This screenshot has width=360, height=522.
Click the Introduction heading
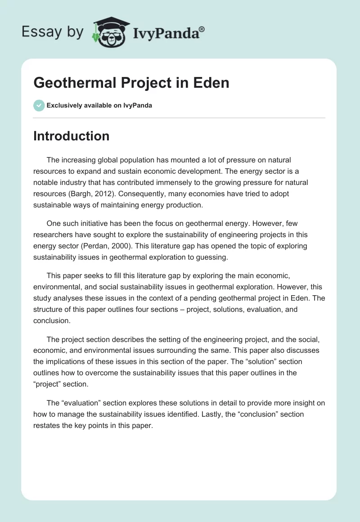[x=71, y=136]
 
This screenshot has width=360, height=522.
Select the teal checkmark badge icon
[x=39, y=106]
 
